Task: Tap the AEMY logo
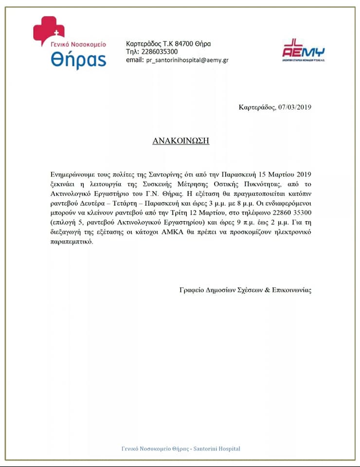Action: [303, 50]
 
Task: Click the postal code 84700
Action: [182, 44]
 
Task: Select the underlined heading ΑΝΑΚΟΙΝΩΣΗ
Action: [180, 141]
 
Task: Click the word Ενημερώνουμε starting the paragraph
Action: [73, 173]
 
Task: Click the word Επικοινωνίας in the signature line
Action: [289, 290]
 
